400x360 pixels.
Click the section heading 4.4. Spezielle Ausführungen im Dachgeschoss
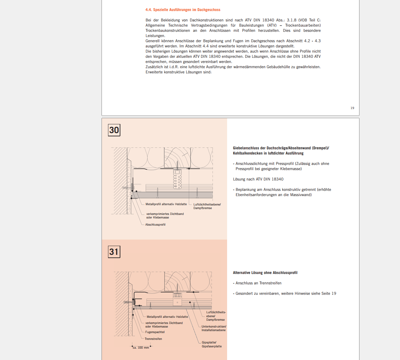pos(183,10)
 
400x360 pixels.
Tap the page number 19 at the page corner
pos(352,108)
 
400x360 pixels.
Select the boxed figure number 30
pos(114,130)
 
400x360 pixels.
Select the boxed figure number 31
pos(114,252)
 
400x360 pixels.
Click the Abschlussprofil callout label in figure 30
pos(155,225)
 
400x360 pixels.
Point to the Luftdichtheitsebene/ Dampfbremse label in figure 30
pos(207,206)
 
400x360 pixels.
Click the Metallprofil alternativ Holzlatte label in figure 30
pos(166,204)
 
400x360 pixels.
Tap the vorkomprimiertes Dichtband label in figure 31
pos(164,325)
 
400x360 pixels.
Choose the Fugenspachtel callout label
pos(155,332)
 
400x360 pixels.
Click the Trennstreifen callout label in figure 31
pos(153,339)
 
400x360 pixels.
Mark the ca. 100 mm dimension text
pos(141,348)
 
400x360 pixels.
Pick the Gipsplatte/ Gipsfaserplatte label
pos(212,344)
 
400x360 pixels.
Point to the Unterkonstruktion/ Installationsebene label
pos(214,328)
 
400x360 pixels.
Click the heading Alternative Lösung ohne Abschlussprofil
pos(265,273)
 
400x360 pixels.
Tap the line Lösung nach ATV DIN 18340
pos(258,179)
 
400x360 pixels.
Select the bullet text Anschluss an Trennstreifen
pos(258,283)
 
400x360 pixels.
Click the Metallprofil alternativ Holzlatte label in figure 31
pos(167,317)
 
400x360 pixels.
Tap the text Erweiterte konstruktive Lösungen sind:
pos(178,72)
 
